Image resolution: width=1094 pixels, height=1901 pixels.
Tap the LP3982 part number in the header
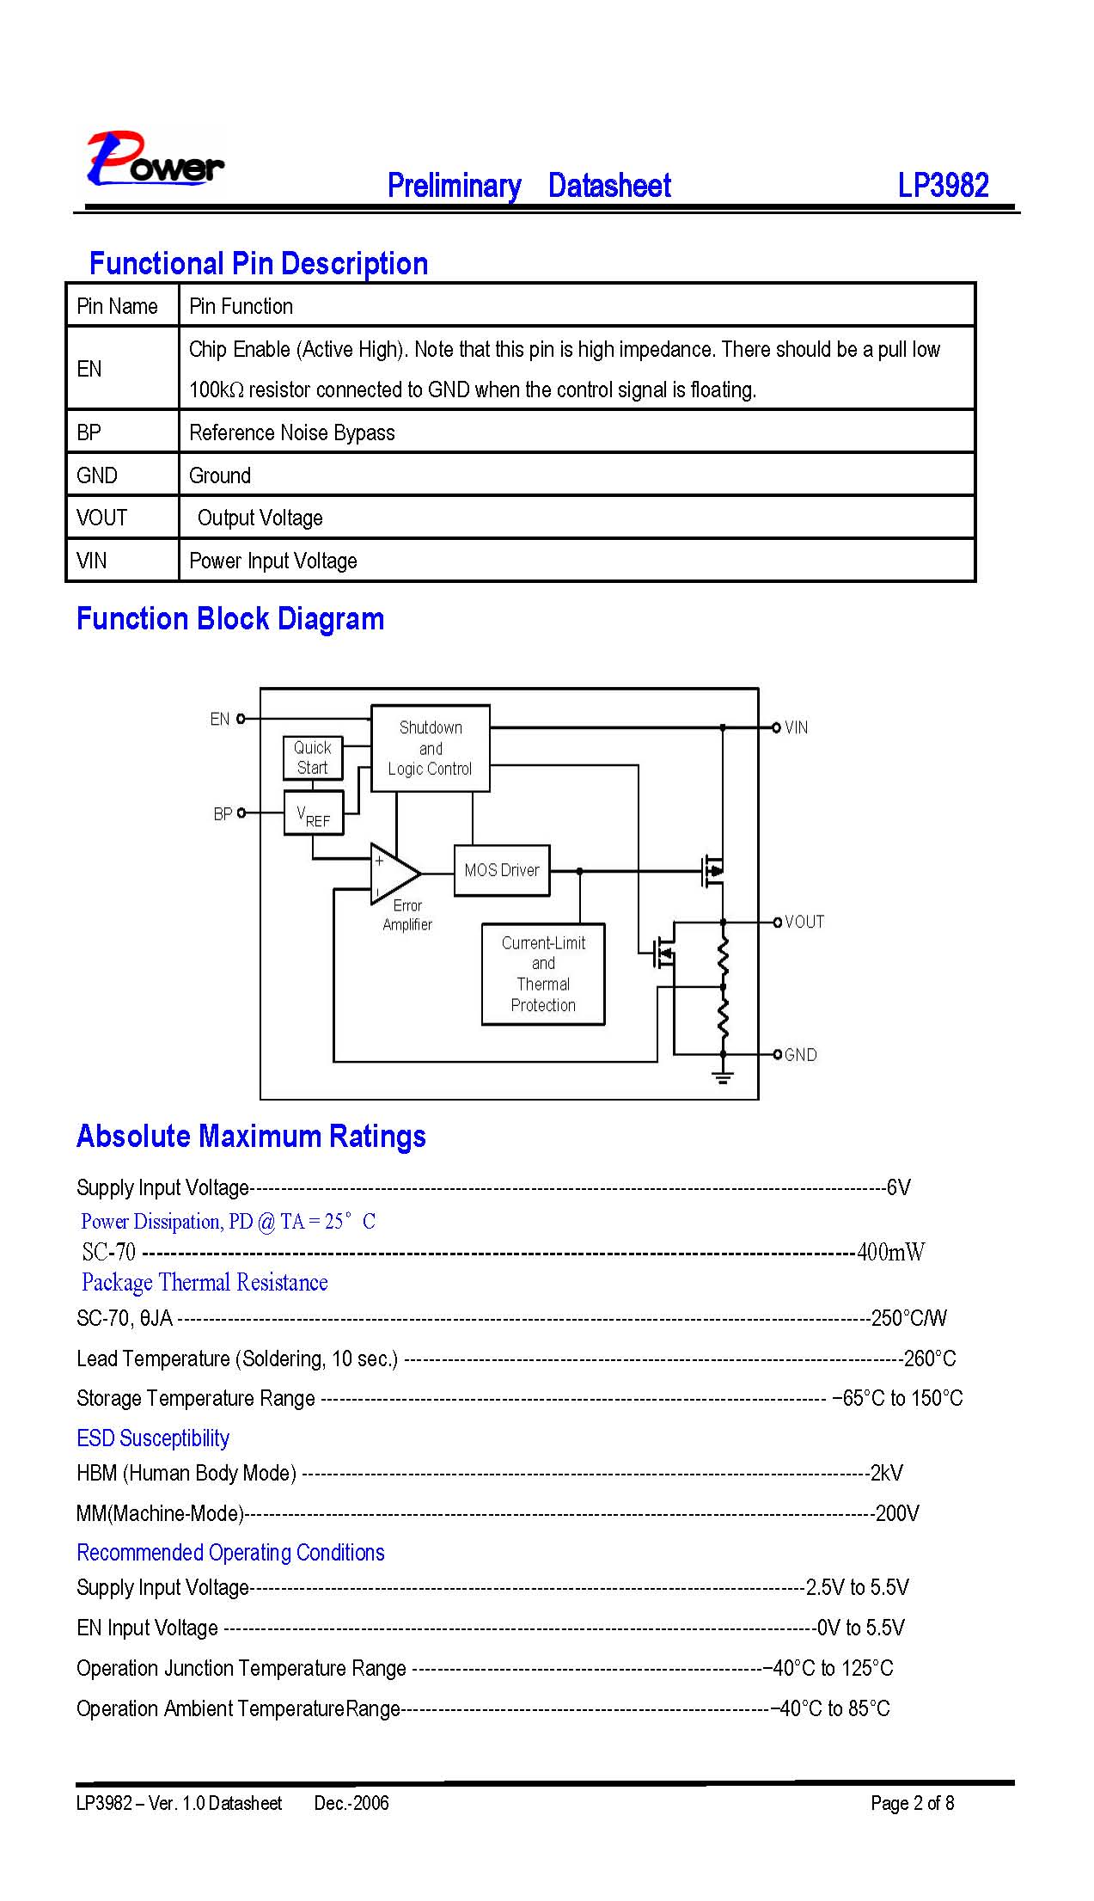pyautogui.click(x=943, y=185)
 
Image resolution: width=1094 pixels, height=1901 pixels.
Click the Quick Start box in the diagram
pyautogui.click(x=313, y=757)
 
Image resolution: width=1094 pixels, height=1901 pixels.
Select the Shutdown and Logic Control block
pyautogui.click(x=431, y=748)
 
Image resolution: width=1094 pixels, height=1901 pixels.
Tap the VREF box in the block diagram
pyautogui.click(x=314, y=813)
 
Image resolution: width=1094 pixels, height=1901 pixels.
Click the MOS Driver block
pyautogui.click(x=502, y=870)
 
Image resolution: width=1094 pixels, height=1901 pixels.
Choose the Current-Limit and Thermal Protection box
pyautogui.click(x=543, y=974)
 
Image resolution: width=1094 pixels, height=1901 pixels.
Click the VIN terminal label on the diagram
pyautogui.click(x=796, y=727)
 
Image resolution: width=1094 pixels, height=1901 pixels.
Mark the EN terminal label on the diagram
pyautogui.click(x=220, y=719)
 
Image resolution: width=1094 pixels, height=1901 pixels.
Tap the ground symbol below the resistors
pyautogui.click(x=724, y=1076)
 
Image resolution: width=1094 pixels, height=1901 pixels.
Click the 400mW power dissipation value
pyautogui.click(x=891, y=1252)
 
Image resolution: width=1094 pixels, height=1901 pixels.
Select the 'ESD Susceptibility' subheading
pyautogui.click(x=153, y=1438)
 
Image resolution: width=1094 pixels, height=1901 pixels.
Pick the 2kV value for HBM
pyautogui.click(x=887, y=1473)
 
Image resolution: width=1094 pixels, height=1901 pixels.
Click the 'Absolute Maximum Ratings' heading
pyautogui.click(x=251, y=1136)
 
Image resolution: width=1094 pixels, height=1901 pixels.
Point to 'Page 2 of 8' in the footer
pyautogui.click(x=912, y=1803)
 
